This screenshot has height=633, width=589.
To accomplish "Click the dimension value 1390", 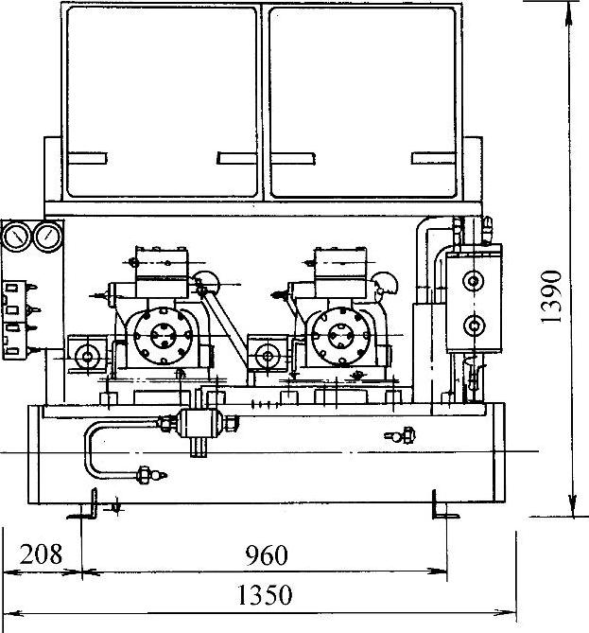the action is pyautogui.click(x=552, y=297).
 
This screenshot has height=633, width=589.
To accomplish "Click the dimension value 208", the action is pyautogui.click(x=42, y=554).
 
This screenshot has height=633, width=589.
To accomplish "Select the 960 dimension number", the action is pyautogui.click(x=267, y=555).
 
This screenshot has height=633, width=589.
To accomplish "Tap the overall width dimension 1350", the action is pyautogui.click(x=265, y=594).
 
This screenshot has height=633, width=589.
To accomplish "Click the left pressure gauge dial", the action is pyautogui.click(x=16, y=237).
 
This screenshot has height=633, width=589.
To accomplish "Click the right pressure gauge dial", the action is pyautogui.click(x=48, y=237).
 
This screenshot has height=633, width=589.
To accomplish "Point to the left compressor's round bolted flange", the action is pyautogui.click(x=164, y=336).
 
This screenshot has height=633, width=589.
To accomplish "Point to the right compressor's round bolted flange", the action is pyautogui.click(x=341, y=336).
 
